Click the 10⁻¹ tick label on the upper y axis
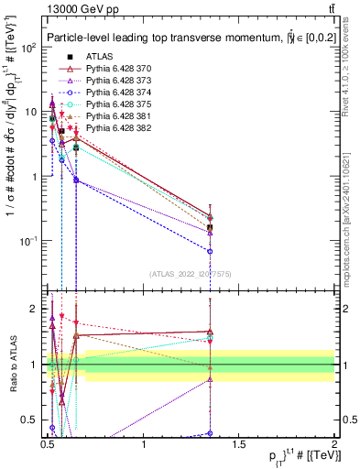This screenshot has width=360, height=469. (27, 241)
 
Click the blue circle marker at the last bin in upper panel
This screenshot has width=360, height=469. (211, 250)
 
